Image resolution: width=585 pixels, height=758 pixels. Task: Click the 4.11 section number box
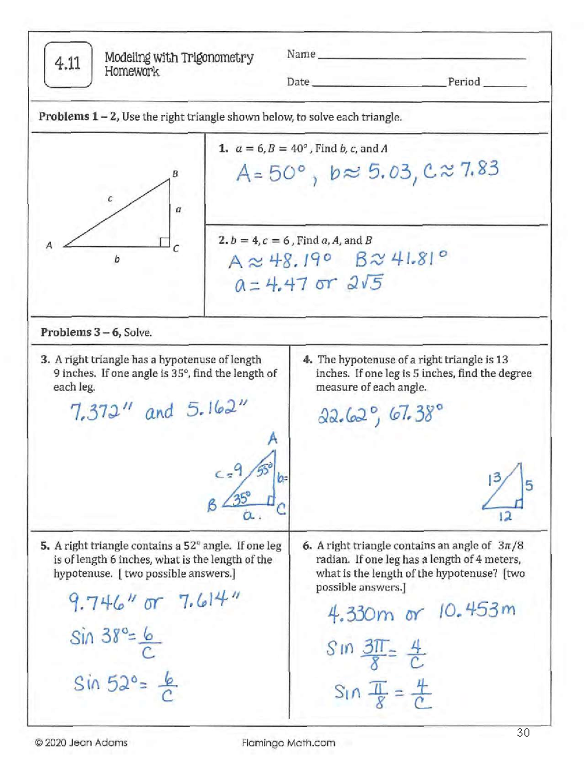pos(68,64)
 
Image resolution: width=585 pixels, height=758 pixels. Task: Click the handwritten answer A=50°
pos(271,173)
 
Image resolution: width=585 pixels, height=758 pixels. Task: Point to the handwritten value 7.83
pos(479,170)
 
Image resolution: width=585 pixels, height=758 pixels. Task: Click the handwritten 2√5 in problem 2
pos(365,283)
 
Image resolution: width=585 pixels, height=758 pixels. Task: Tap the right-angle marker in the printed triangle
pos(165,242)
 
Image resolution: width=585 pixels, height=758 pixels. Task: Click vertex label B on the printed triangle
pos(175,174)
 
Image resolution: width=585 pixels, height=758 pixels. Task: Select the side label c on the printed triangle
pos(110,199)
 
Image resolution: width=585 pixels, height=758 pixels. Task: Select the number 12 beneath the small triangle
pos(505,516)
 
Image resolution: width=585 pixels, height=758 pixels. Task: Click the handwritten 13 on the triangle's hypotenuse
pos(494,478)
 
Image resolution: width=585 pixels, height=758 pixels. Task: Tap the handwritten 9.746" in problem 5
pos(103,605)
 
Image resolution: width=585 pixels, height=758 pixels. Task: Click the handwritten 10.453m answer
pos(476,611)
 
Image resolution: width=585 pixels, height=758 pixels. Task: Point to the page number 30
pos(523,733)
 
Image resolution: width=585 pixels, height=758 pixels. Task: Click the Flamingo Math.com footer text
pos(289,743)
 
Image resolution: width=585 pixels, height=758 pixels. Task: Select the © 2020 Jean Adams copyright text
pos(81,743)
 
